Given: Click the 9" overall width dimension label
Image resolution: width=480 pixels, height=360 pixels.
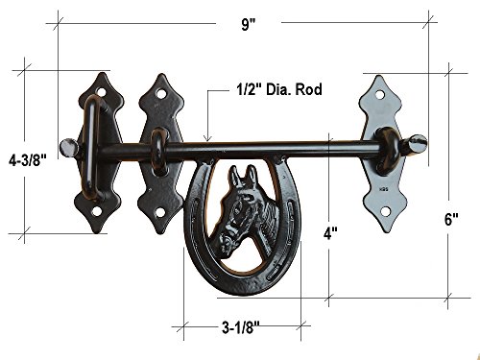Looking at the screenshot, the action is click(249, 24).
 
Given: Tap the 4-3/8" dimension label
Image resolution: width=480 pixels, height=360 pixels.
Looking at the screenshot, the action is click(28, 159).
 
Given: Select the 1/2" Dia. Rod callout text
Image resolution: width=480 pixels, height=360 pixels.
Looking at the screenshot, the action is click(279, 89).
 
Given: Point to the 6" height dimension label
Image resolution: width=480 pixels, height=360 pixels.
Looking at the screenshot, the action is click(451, 219).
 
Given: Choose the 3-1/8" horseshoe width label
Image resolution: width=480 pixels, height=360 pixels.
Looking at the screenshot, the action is click(241, 327).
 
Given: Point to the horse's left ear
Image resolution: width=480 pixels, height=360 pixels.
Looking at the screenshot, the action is click(235, 176).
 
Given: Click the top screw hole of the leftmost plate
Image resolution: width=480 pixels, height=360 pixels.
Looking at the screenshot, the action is click(102, 92).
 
